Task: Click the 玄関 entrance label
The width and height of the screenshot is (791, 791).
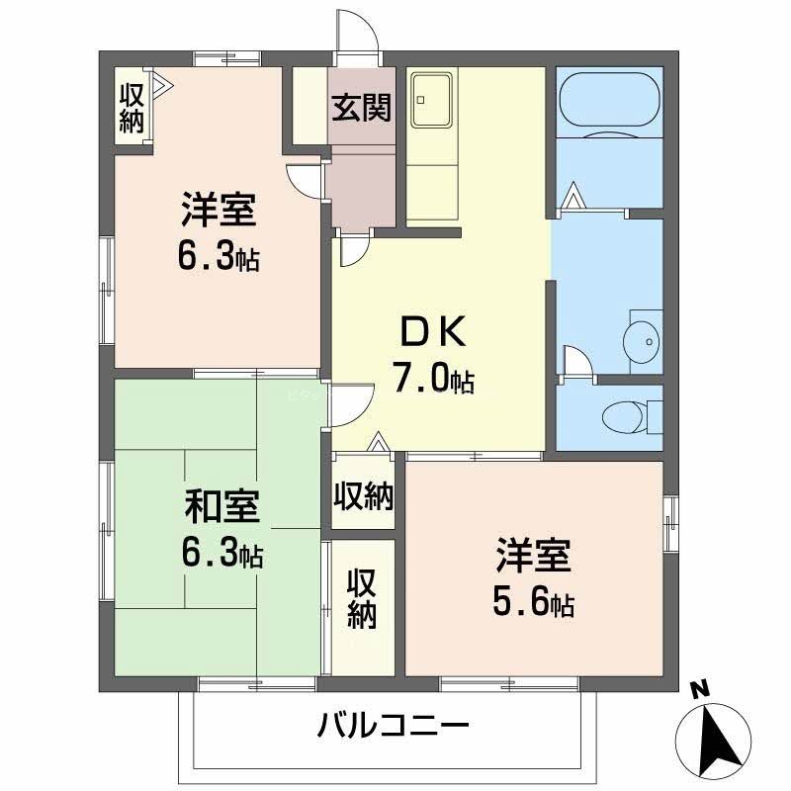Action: tap(360, 108)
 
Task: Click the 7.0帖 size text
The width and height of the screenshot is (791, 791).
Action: tap(435, 378)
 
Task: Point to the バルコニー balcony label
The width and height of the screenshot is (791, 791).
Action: tap(393, 729)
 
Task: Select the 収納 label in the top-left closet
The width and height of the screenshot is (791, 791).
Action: tap(132, 108)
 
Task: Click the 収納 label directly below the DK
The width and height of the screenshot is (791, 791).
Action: tap(363, 493)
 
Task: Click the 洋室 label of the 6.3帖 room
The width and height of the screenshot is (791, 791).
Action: tap(219, 210)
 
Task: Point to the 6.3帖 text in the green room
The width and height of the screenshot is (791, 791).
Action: tap(221, 553)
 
